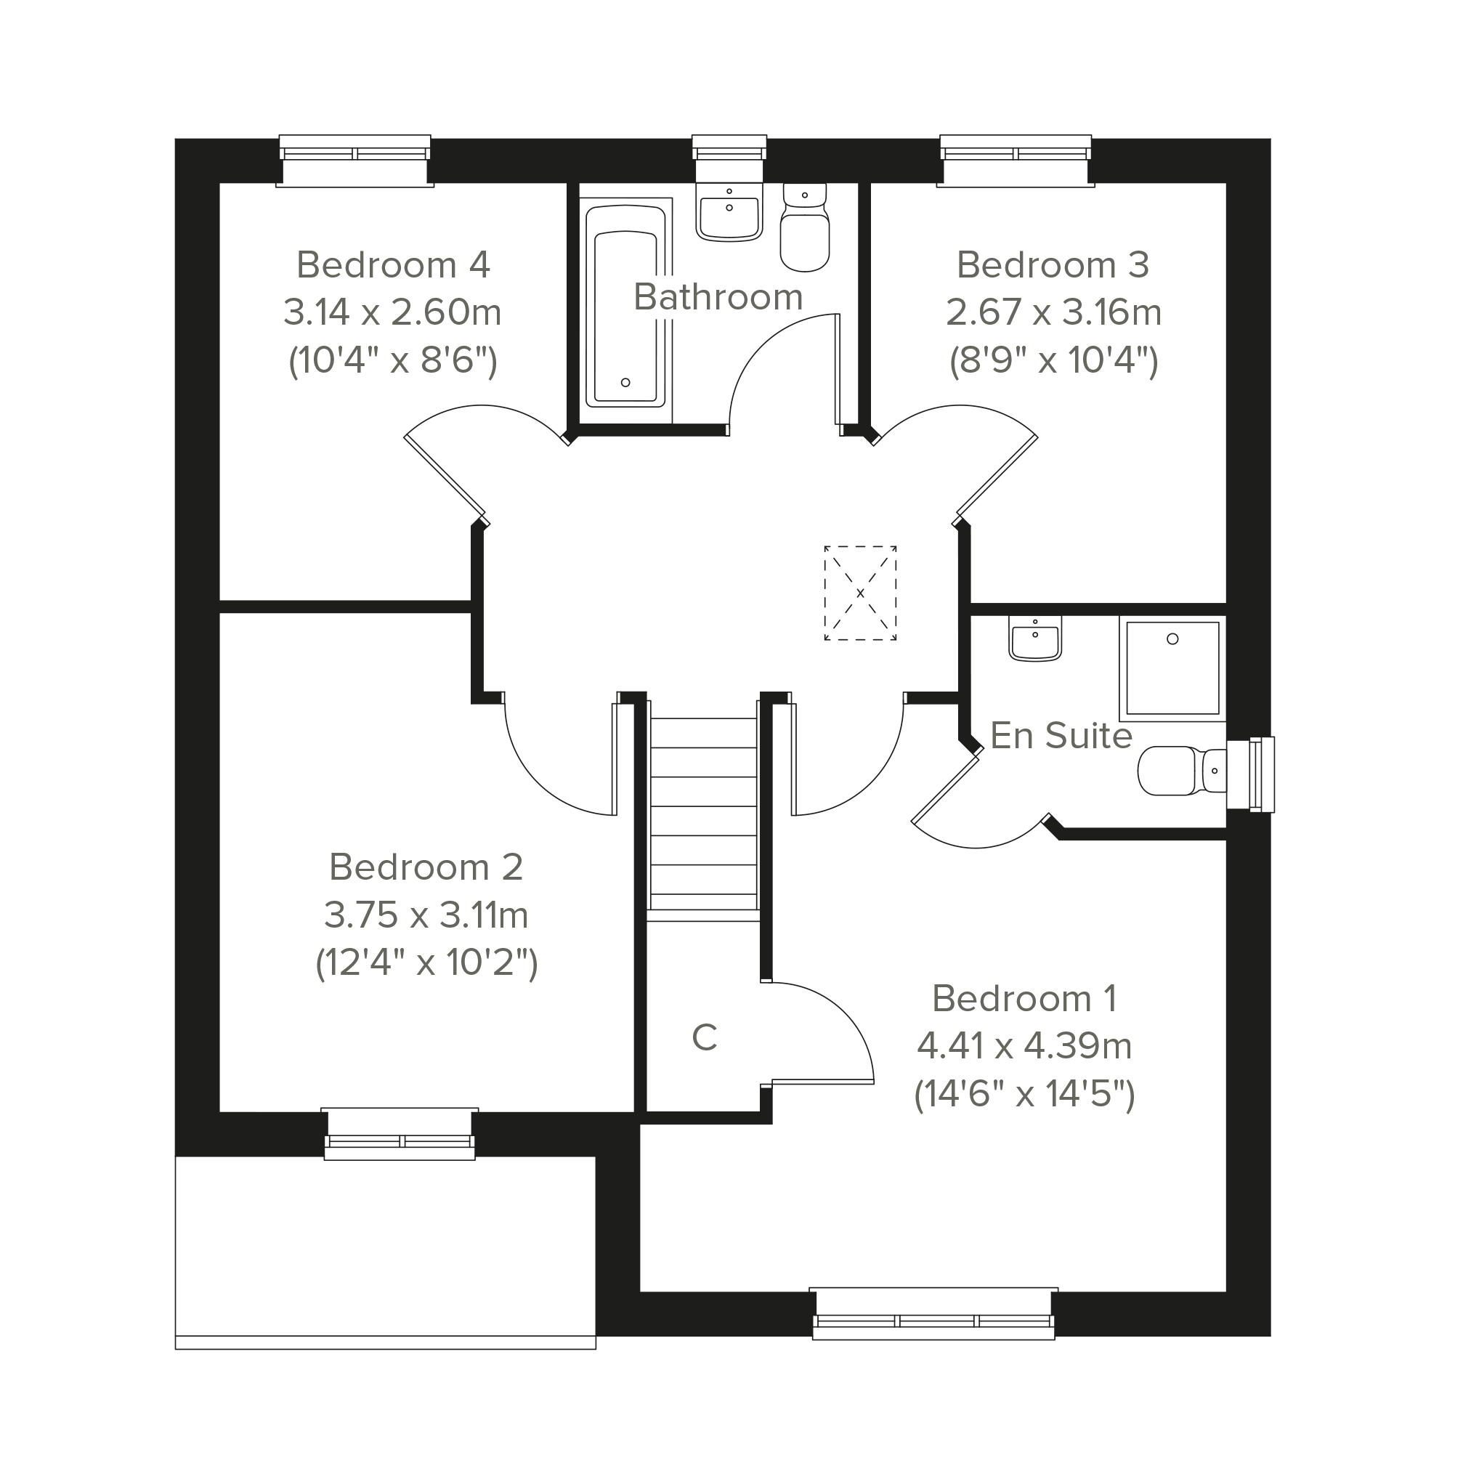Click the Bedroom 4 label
[393, 265]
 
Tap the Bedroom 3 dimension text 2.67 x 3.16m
[1054, 312]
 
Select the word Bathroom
[718, 296]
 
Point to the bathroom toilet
[805, 227]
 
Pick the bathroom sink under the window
[729, 212]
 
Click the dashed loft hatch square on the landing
[860, 593]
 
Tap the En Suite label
[1061, 735]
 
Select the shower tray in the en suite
[1172, 668]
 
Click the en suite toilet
[1183, 771]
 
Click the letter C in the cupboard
[705, 1037]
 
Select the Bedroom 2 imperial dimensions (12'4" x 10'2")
[426, 963]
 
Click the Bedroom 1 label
[1024, 998]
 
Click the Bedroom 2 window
[400, 1134]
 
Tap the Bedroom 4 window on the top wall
[354, 161]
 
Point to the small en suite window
[1250, 774]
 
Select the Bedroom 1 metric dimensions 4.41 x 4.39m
[1024, 1045]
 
